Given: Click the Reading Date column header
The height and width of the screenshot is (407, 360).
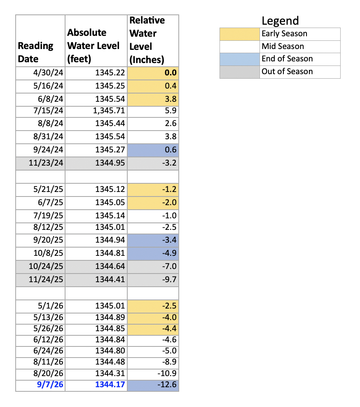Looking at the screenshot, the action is click(35, 52).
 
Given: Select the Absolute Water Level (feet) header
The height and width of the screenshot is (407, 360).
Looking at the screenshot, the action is click(93, 46).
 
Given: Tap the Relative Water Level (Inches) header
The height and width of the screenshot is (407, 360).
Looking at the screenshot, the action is click(147, 40).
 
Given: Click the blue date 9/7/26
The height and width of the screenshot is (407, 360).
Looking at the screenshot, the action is click(50, 384).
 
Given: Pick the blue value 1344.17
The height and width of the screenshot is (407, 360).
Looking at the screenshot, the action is click(110, 384).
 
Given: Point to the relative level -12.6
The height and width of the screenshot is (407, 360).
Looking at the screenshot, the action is click(167, 384).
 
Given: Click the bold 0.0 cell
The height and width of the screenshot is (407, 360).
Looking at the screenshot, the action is click(171, 73).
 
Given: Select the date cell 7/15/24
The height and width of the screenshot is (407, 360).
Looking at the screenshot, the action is click(48, 111).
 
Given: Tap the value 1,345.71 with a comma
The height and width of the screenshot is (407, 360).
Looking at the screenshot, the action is click(109, 111).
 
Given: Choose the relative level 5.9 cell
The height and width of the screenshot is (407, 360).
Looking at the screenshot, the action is click(171, 111).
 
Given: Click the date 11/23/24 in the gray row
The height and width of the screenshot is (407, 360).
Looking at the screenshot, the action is click(46, 163).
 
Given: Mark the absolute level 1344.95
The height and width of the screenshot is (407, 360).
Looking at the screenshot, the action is click(110, 163).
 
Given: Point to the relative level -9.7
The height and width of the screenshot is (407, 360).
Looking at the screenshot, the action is click(169, 280).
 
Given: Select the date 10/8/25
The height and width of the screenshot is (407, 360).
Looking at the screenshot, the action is click(48, 253).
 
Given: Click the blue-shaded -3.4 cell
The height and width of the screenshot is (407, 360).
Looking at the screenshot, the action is click(153, 240).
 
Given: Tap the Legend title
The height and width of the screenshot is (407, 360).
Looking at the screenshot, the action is click(280, 21).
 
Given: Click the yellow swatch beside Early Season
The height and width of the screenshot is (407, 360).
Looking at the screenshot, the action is click(240, 34).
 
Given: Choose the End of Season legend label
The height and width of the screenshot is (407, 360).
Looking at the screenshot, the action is click(287, 59).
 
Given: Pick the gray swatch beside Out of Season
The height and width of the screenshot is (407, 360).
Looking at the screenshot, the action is click(240, 72).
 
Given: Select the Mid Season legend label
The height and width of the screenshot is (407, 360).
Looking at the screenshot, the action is click(283, 47).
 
